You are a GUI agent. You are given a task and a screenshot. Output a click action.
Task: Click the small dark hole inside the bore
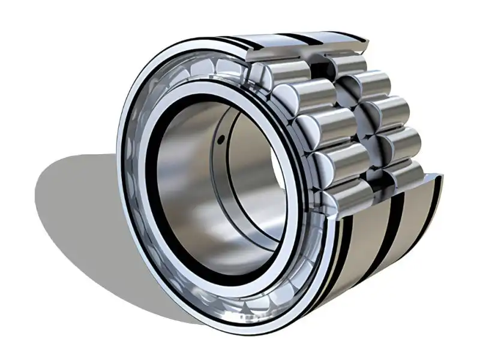[x=221, y=140]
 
